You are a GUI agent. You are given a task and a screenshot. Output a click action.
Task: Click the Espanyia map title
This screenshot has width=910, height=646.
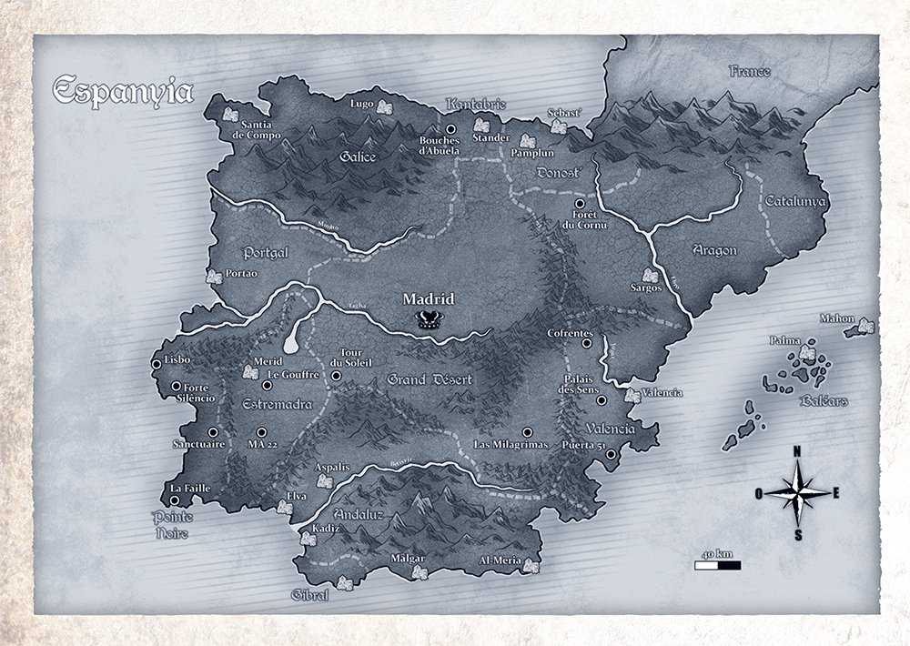click(x=122, y=92)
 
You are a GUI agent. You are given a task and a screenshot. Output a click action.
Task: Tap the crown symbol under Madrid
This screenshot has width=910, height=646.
click(x=428, y=318)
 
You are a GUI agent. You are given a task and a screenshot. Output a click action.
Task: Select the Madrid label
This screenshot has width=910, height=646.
click(x=428, y=298)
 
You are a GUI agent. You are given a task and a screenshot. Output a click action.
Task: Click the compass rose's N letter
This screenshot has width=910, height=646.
click(x=797, y=451)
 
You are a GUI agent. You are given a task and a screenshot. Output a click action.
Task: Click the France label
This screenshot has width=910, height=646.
click(x=750, y=71)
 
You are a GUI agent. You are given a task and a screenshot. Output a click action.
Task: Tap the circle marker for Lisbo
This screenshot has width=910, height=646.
click(x=157, y=364)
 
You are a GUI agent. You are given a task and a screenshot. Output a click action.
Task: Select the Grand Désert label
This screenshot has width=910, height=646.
click(x=422, y=379)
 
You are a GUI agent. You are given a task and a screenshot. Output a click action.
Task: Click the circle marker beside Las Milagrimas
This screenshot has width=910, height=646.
click(x=527, y=432)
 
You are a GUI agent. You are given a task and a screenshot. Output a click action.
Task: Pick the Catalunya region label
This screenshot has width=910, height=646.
click(x=794, y=200)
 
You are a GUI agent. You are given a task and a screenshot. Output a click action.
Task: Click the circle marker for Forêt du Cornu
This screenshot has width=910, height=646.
click(x=580, y=204)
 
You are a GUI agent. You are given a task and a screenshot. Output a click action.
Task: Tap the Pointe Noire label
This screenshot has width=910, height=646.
click(x=170, y=526)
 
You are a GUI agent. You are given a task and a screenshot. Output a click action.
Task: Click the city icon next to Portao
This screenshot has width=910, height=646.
click(x=214, y=276)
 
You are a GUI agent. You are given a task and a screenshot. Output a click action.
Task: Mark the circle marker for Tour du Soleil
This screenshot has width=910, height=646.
click(x=337, y=375)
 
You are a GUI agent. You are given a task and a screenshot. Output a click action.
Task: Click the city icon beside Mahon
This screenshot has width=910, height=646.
click(x=865, y=326)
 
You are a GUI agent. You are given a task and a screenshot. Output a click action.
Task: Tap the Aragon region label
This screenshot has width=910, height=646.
click(x=714, y=250)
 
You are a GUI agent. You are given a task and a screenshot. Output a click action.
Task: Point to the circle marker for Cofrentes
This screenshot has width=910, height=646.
click(x=587, y=345)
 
